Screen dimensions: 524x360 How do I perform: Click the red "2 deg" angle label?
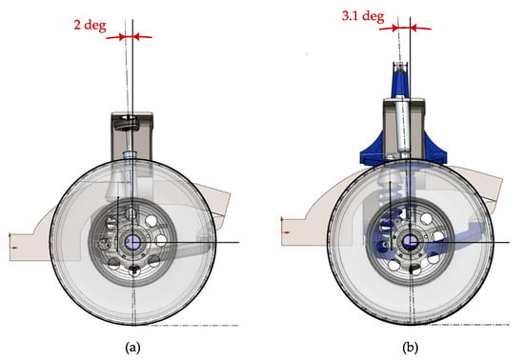pos(90,26)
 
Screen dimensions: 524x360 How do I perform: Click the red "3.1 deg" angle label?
pos(363,16)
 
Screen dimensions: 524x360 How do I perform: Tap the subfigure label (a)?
pos(132,348)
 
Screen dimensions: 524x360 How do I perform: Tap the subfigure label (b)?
pos(410,348)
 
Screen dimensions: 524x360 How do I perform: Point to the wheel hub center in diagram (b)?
pos(410,241)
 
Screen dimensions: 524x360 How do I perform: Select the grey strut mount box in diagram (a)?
pos(132,136)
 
